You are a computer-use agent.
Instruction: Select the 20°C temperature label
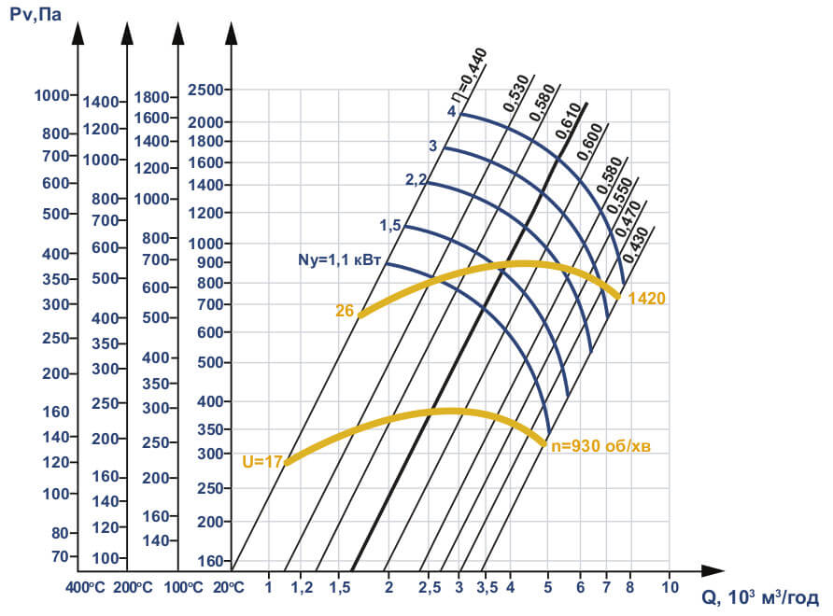pyautogui.click(x=228, y=588)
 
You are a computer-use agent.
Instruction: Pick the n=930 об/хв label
pyautogui.click(x=600, y=446)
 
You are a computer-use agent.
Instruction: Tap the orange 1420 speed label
pyautogui.click(x=646, y=300)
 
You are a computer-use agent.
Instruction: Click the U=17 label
pyautogui.click(x=262, y=460)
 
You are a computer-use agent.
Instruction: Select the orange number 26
pyautogui.click(x=345, y=311)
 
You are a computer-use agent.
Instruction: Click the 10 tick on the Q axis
pyautogui.click(x=669, y=588)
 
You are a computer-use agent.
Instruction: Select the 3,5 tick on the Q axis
pyautogui.click(x=487, y=588)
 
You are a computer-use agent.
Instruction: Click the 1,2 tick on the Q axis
pyautogui.click(x=303, y=588)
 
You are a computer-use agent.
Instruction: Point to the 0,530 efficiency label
pyautogui.click(x=516, y=93)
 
